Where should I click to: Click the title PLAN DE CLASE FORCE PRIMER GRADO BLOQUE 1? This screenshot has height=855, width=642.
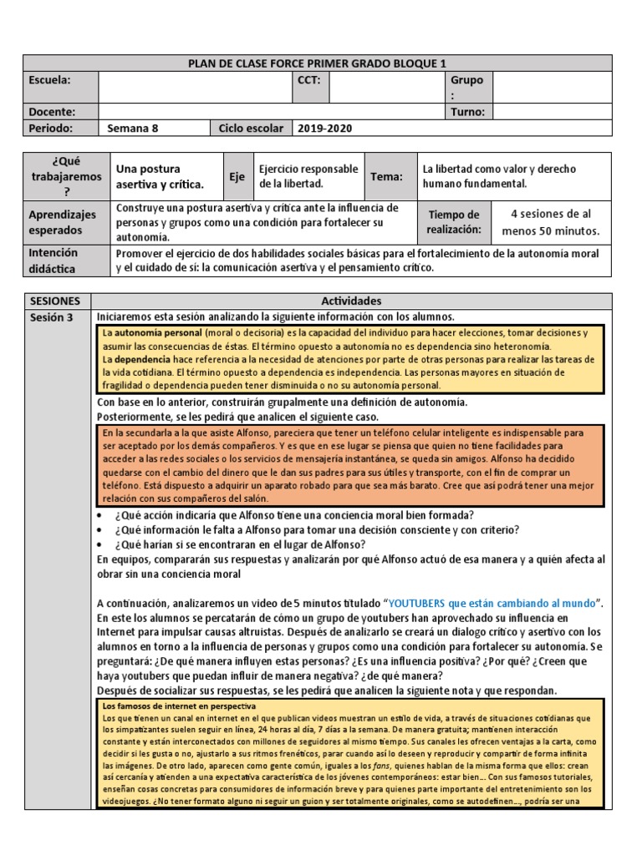pyautogui.click(x=317, y=63)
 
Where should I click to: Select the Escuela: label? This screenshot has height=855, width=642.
pyautogui.click(x=50, y=80)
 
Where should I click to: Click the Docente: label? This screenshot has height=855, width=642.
pyautogui.click(x=52, y=112)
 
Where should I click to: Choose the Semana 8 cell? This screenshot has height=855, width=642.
pyautogui.click(x=133, y=129)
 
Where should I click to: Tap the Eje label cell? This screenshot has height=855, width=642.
pyautogui.click(x=237, y=176)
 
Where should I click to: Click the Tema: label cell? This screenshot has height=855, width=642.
pyautogui.click(x=387, y=176)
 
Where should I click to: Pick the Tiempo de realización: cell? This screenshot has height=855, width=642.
pyautogui.click(x=454, y=222)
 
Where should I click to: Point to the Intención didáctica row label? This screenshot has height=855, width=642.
pyautogui.click(x=53, y=261)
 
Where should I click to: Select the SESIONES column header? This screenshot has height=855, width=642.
pyautogui.click(x=55, y=301)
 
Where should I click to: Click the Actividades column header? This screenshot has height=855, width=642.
pyautogui.click(x=351, y=301)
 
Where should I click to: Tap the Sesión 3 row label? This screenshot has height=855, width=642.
pyautogui.click(x=52, y=317)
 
